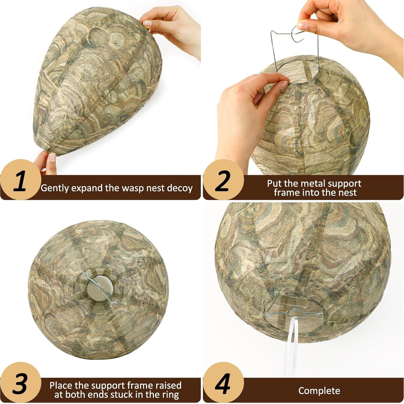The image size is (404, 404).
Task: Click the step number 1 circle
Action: [x=20, y=180]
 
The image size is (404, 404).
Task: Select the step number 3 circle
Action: [x=20, y=383]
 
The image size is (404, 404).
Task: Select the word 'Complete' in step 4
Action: [x=319, y=391]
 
